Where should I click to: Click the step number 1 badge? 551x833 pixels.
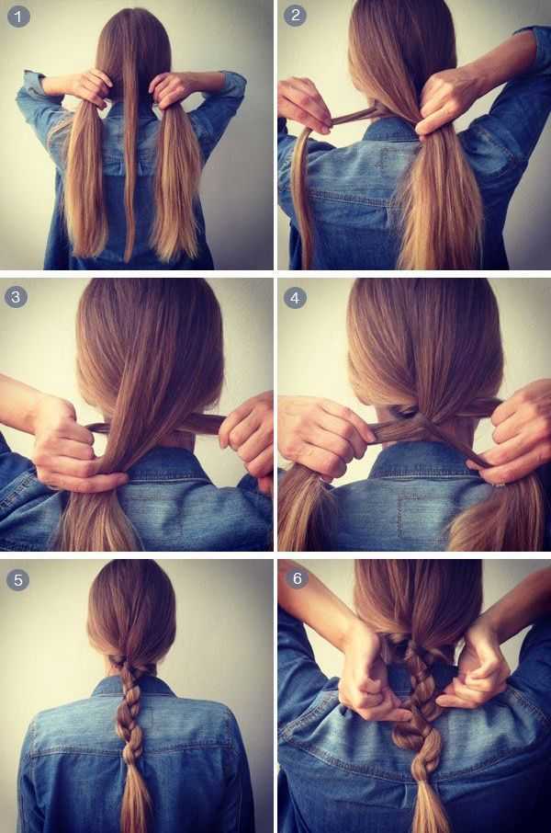click(18, 17)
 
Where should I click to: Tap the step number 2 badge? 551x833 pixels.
click(296, 16)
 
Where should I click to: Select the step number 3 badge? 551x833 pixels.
click(16, 296)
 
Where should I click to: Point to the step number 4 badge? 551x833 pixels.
click(295, 298)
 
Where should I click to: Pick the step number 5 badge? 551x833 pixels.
click(18, 579)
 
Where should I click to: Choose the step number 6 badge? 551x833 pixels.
click(298, 578)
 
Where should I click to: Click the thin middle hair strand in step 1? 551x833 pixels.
click(129, 159)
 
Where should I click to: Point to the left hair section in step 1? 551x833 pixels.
click(84, 180)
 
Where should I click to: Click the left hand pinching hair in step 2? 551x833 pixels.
click(304, 105)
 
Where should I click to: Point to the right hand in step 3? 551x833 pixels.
click(250, 437)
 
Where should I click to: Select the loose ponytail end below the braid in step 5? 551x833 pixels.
click(134, 797)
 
